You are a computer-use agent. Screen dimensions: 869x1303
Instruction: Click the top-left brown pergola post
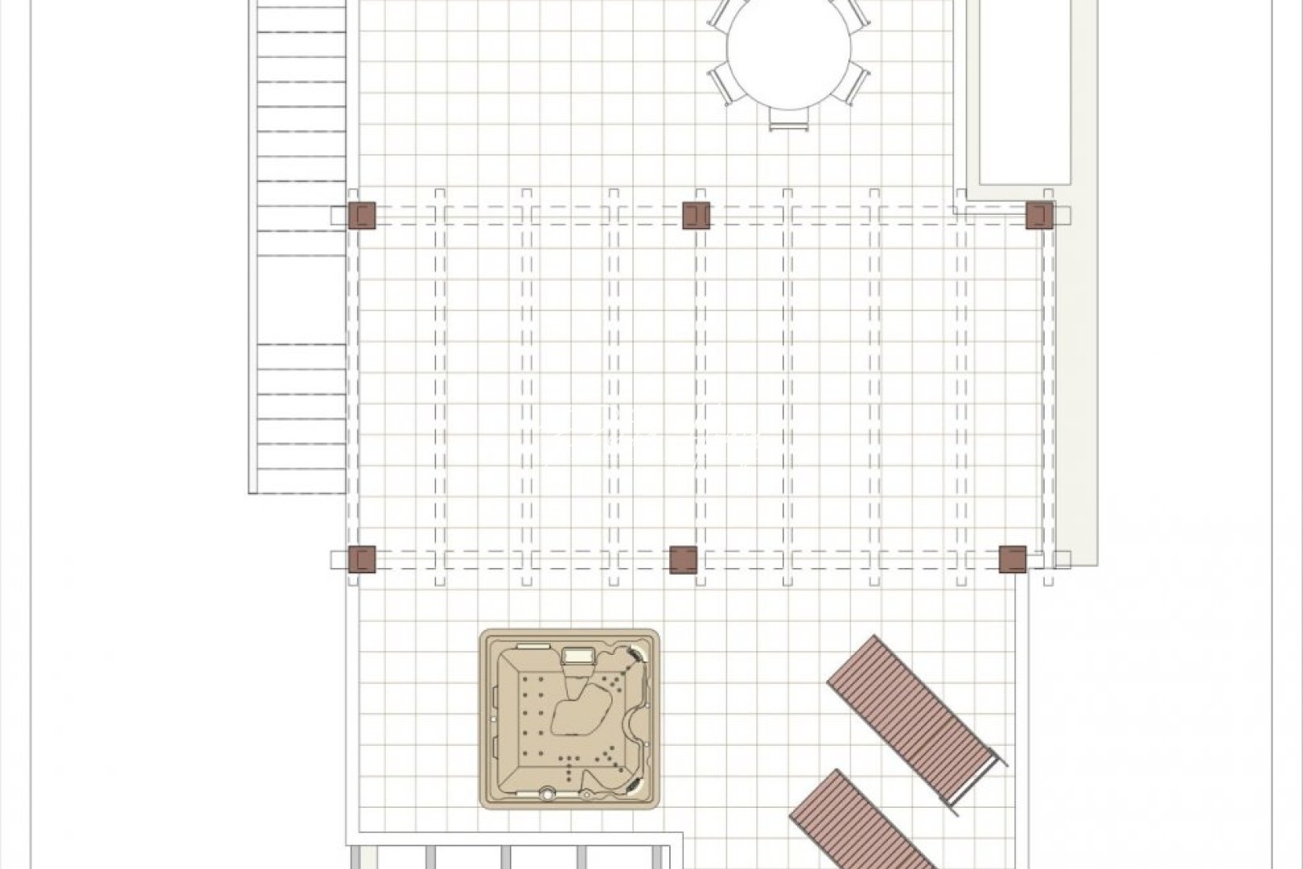[x=362, y=215]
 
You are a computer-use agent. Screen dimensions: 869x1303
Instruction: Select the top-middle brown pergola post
[x=697, y=215]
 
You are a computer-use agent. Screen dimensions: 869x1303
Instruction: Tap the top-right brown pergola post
[x=1039, y=215]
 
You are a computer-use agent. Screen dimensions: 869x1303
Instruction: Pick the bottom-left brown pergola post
[x=362, y=558]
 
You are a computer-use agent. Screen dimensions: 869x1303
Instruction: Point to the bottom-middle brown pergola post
[x=684, y=559]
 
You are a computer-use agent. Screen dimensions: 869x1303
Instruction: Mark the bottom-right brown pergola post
[x=1013, y=558]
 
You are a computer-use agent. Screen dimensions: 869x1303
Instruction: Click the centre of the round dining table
[x=788, y=52]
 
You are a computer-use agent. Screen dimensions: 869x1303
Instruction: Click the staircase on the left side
[x=298, y=241]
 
